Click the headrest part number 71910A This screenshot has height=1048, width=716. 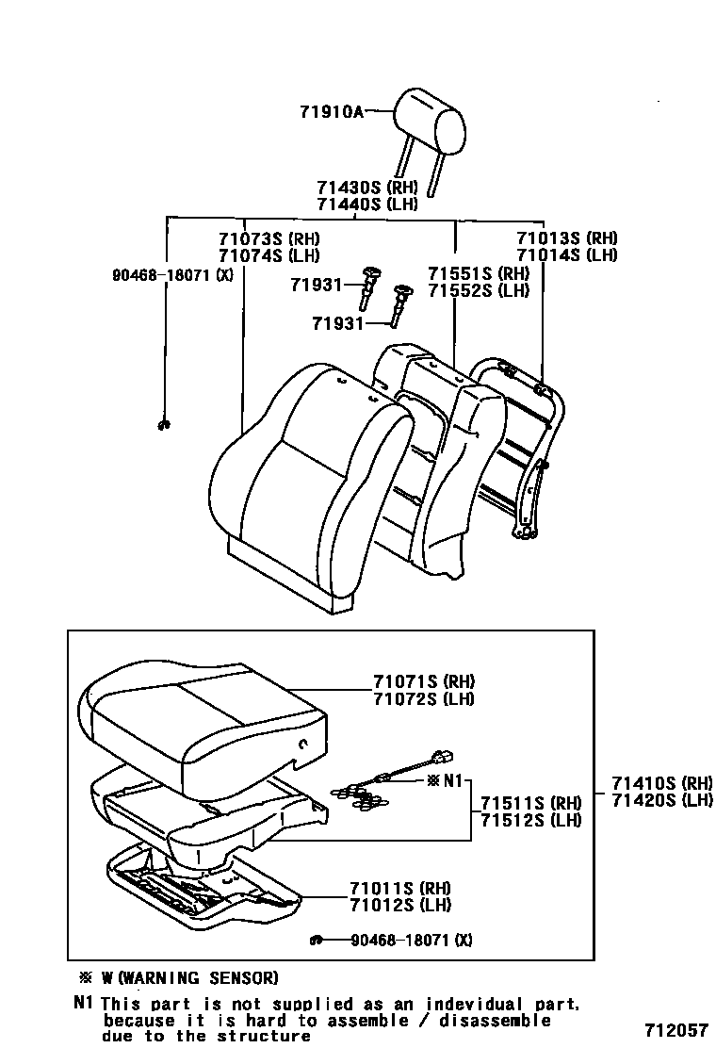(x=331, y=111)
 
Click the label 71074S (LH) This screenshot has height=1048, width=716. (x=268, y=255)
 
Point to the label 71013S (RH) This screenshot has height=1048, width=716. (x=566, y=238)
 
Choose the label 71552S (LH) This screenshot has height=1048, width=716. (x=478, y=290)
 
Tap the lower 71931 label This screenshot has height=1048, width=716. (x=336, y=323)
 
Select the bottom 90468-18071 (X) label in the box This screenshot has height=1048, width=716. (x=412, y=940)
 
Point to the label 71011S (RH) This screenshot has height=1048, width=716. (x=399, y=888)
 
